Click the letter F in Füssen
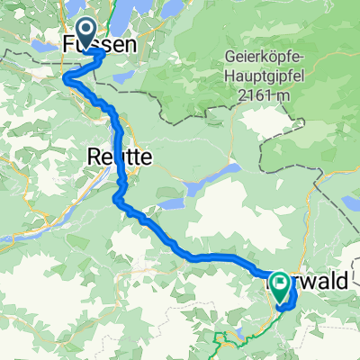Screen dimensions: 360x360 tap(68, 45)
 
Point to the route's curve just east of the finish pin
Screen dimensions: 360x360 tap(294, 295)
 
